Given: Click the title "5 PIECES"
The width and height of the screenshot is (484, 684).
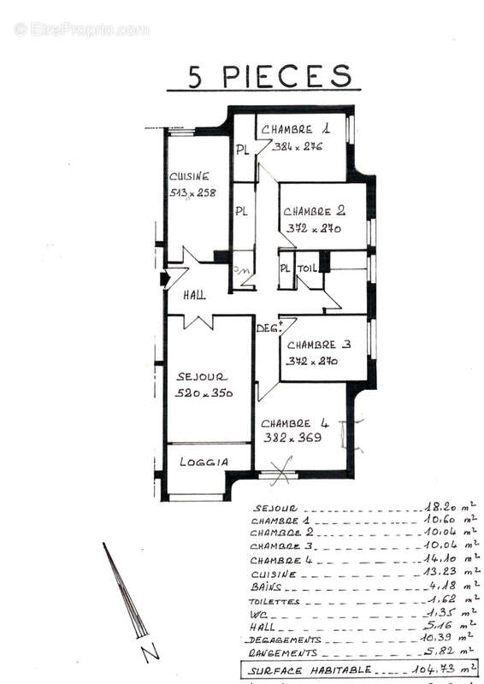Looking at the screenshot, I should (x=270, y=75).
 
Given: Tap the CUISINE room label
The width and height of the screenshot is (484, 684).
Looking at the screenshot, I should (x=189, y=176).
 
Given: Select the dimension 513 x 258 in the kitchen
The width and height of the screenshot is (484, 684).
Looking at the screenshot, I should (x=192, y=192).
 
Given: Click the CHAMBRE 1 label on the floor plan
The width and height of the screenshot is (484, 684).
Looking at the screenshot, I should (x=296, y=129).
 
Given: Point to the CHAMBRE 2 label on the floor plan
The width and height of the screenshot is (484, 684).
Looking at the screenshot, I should (x=314, y=211).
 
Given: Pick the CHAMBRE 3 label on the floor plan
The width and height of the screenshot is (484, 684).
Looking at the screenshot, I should (x=319, y=345).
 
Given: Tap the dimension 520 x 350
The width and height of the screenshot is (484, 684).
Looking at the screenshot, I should (x=204, y=392).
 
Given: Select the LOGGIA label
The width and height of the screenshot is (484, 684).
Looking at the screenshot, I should (x=204, y=462).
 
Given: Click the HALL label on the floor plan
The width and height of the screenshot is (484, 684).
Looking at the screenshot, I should (x=194, y=295).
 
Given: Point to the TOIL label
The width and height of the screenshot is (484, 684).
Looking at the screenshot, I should (x=307, y=268).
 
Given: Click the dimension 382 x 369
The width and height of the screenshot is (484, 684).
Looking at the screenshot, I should (x=292, y=438).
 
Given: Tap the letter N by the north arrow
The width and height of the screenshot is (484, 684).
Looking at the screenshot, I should (x=150, y=654).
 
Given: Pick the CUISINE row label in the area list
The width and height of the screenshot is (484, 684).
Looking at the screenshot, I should (x=274, y=574).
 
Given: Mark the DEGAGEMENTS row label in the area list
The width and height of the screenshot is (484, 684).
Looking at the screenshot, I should (x=283, y=639).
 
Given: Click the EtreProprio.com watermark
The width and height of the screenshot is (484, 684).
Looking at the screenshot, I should (x=81, y=29).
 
